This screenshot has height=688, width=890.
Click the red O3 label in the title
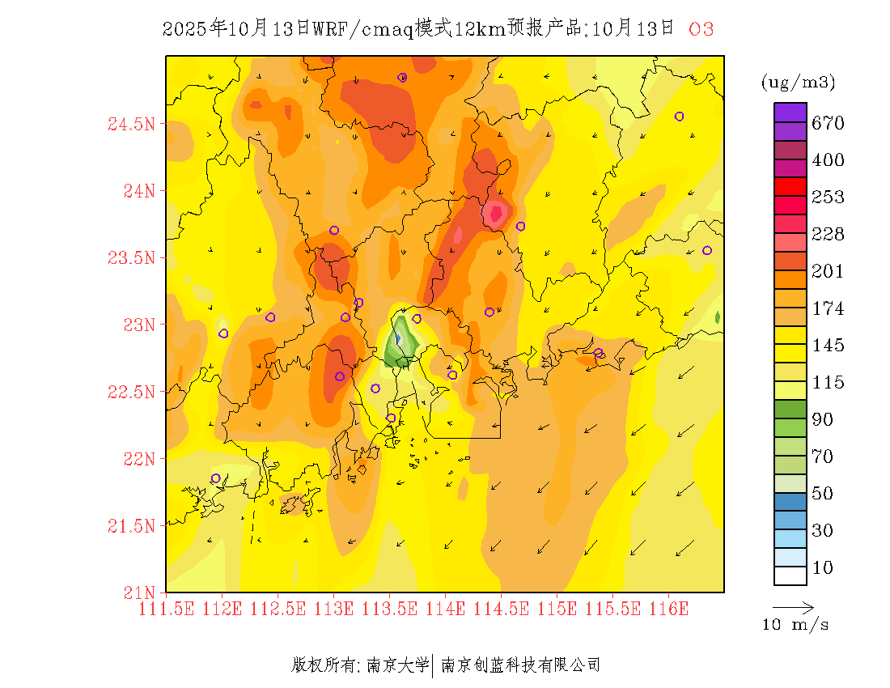pyautogui.click(x=701, y=30)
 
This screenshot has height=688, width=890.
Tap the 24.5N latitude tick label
pyautogui.click(x=131, y=125)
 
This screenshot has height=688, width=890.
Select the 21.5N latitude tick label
pyautogui.click(x=131, y=527)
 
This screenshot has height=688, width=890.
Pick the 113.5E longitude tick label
pyautogui.click(x=390, y=609)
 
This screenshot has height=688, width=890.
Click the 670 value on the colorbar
pyautogui.click(x=828, y=123)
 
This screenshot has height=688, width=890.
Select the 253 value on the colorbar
pyautogui.click(x=828, y=197)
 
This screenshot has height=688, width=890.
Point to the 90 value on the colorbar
pyautogui.click(x=823, y=419)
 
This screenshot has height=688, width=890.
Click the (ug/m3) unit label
pyautogui.click(x=798, y=83)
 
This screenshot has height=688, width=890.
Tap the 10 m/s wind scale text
pyautogui.click(x=795, y=625)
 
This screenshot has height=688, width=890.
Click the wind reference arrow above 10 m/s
pyautogui.click(x=793, y=606)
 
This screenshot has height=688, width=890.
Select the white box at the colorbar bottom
pyautogui.click(x=790, y=575)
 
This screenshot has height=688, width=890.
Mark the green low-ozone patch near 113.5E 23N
pyautogui.click(x=399, y=346)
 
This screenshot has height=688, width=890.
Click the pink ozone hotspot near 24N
pyautogui.click(x=494, y=214)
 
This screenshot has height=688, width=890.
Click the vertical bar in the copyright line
pyautogui.click(x=434, y=665)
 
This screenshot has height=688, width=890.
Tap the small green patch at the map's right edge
pyautogui.click(x=718, y=317)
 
